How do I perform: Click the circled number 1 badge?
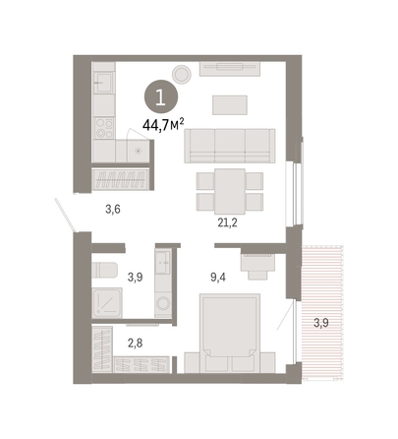pos(161,97)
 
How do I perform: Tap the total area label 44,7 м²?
pos(163,125)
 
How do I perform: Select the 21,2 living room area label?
pos(227,222)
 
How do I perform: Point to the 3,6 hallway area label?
pos(113,209)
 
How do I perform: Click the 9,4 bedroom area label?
pos(218,278)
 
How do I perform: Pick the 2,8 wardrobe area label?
pos(135,344)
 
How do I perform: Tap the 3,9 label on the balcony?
pos(321,323)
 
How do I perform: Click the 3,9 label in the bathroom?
pos(136,278)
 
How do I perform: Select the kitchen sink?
pos(103,82)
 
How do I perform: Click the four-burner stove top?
pos(104,128)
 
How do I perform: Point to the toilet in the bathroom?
pos(104,270)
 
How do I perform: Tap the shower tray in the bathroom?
pos(107,303)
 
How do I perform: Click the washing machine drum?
pos(163,303)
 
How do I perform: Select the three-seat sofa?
pos(230,146)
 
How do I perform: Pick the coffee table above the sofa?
pos(230,105)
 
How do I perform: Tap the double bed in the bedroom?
pos(230,333)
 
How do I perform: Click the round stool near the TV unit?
pos(182,74)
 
